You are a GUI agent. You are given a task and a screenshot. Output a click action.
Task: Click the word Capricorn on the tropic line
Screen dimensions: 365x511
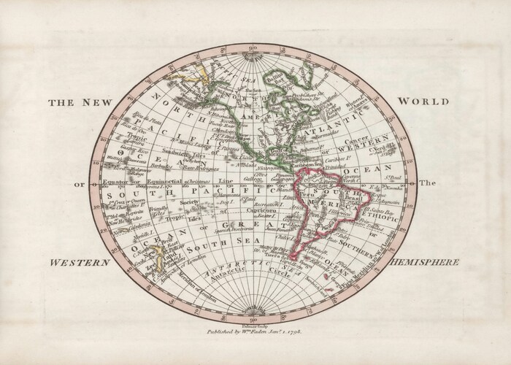(x=264, y=210)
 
